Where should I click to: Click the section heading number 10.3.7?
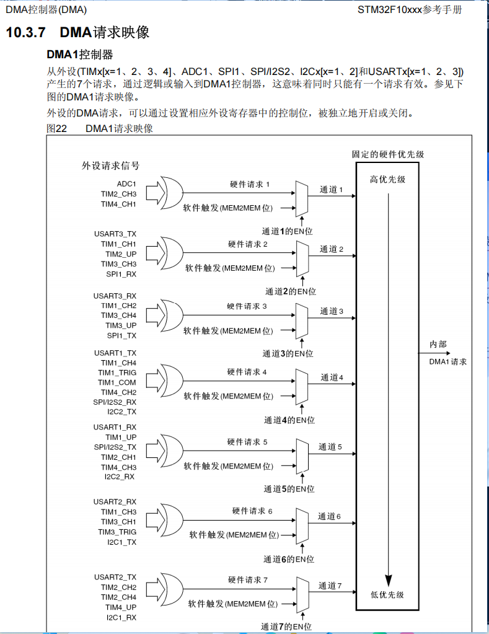point(27,32)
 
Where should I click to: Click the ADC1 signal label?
point(126,184)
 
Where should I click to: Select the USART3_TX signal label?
point(115,234)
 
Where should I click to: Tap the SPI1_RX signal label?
point(121,274)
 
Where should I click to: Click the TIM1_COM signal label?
point(117,382)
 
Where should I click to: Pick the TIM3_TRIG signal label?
point(117,532)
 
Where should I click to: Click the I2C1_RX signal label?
point(121,617)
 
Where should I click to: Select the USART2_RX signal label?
point(115,501)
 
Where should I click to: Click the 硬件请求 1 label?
point(250,184)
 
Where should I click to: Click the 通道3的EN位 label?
point(288,354)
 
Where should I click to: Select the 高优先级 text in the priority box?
point(387,179)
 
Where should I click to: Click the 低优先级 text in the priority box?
point(387,594)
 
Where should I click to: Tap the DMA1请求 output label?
point(448,361)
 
